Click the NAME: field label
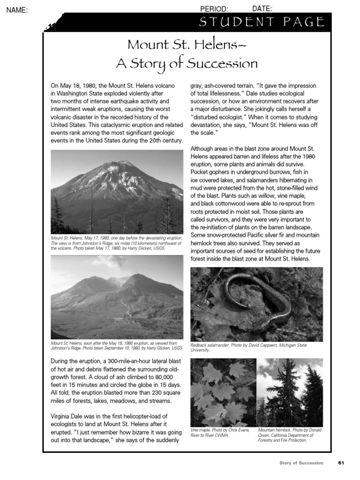(17, 10)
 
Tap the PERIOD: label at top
(214, 9)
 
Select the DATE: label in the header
(262, 8)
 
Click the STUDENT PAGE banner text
(262, 22)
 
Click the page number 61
(341, 463)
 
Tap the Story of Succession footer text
(301, 463)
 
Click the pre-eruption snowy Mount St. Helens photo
(117, 191)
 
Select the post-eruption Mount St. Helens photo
(117, 297)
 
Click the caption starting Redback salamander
(248, 347)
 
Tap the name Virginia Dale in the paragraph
(68, 416)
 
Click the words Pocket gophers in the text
(210, 172)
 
